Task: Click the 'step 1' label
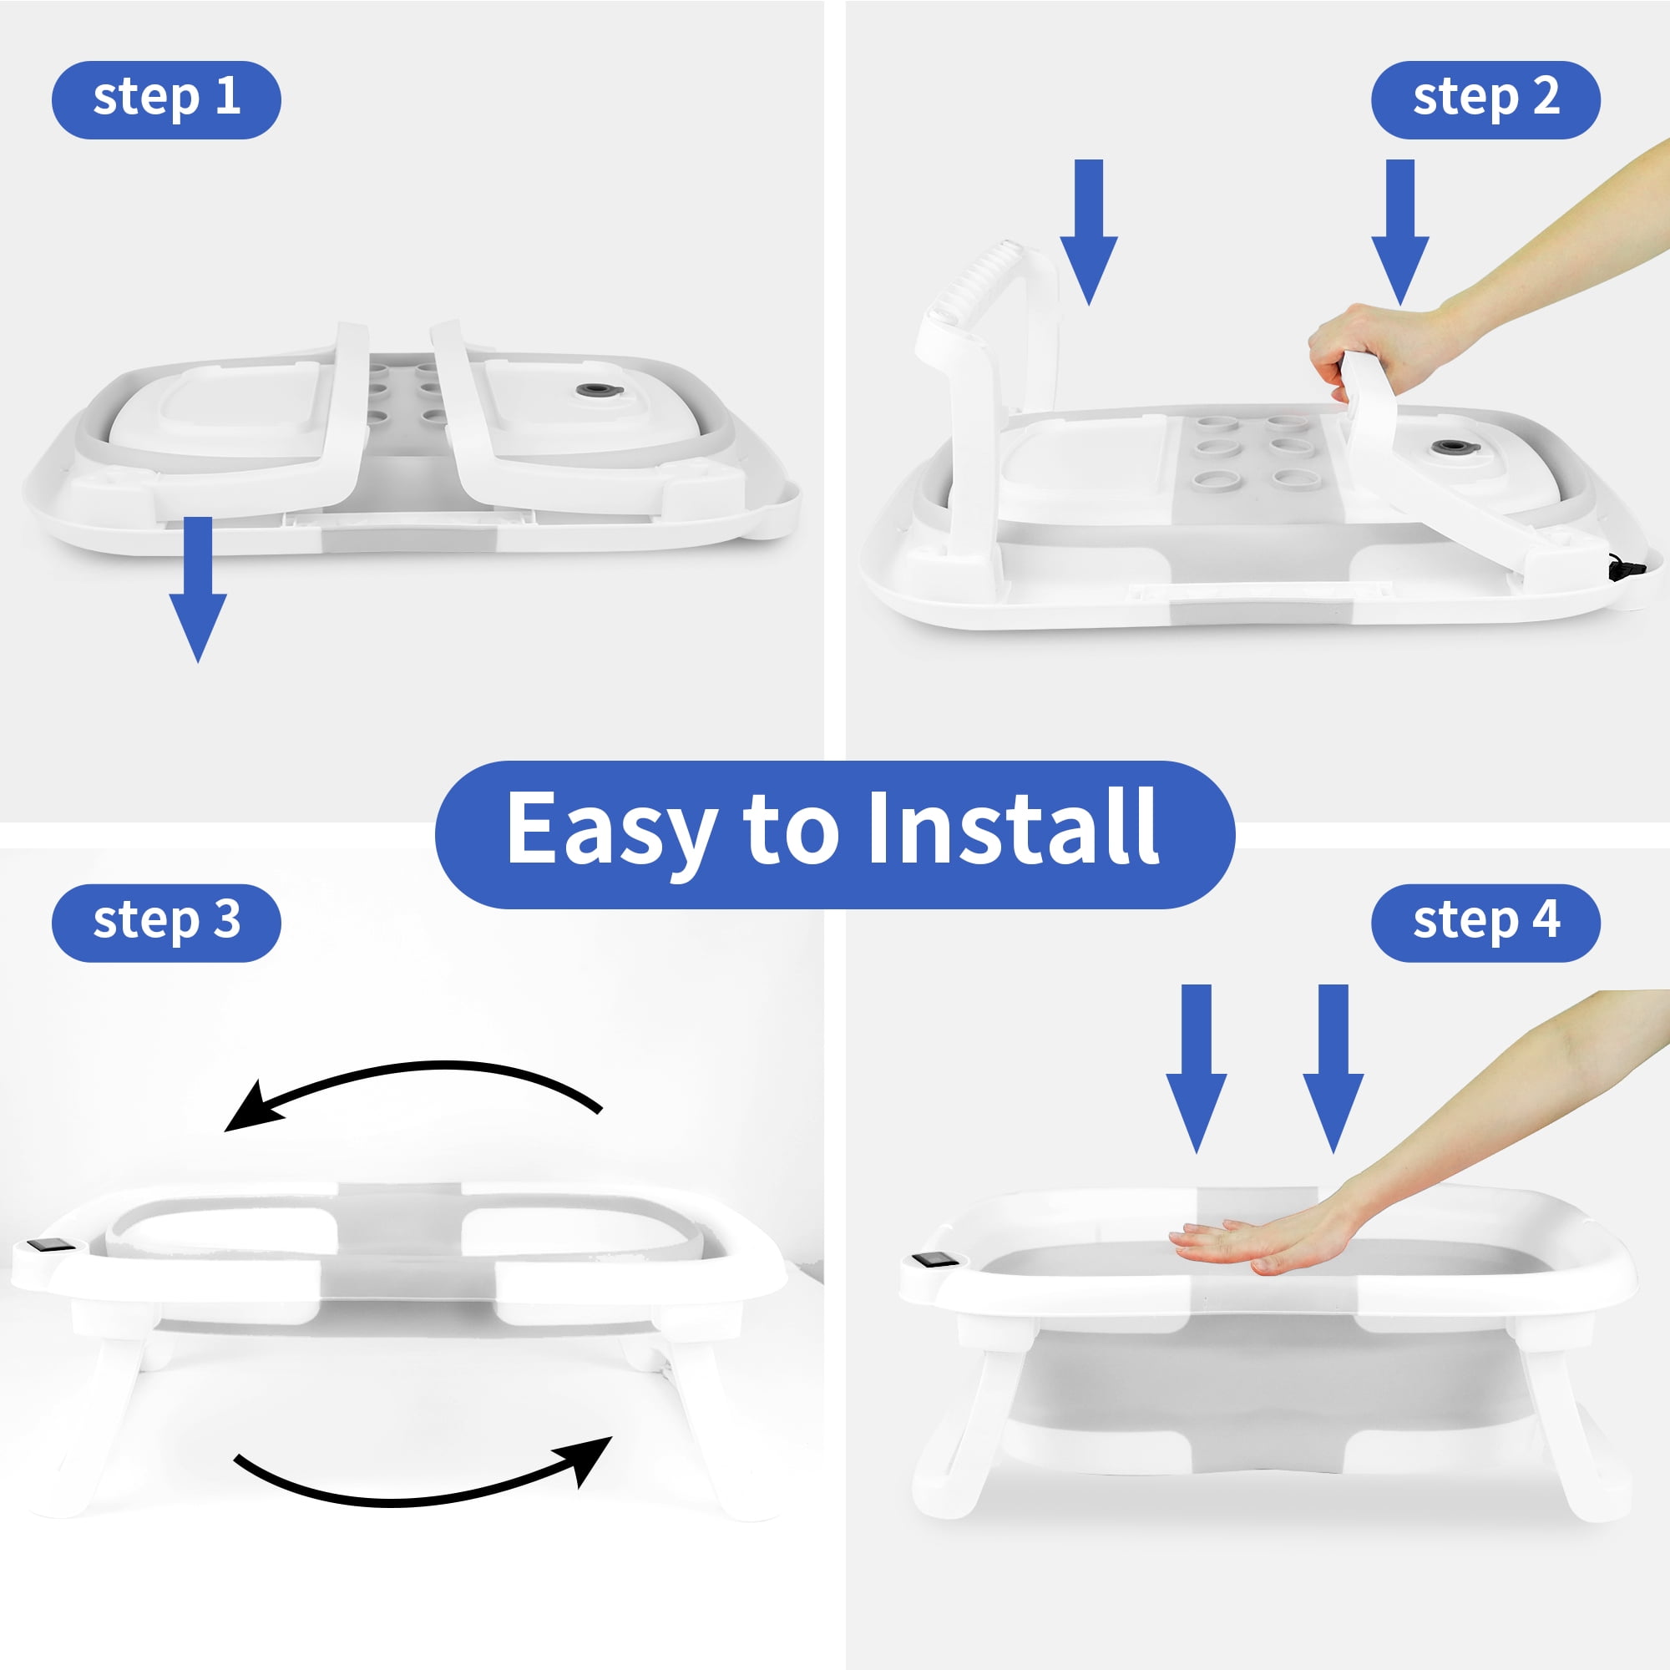(x=166, y=99)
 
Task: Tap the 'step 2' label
(x=1485, y=99)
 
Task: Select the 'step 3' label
(x=166, y=923)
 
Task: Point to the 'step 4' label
(x=1485, y=923)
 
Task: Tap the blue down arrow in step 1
(x=198, y=590)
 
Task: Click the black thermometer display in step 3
(x=44, y=1245)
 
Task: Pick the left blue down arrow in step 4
(x=1197, y=1069)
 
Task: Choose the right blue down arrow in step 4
(x=1333, y=1069)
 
